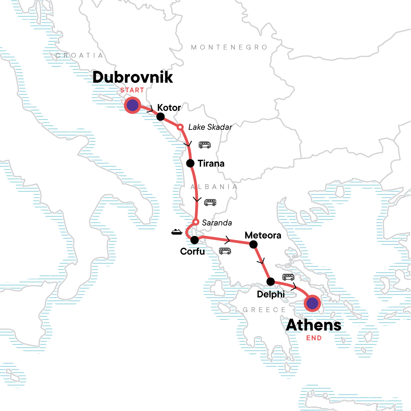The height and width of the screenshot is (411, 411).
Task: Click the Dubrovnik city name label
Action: tap(133, 77)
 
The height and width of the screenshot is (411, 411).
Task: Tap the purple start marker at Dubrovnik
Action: tap(132, 105)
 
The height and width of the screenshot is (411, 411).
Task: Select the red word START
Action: tap(132, 90)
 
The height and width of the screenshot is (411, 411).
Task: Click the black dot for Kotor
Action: tap(160, 117)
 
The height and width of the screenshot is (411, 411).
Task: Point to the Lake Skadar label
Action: tap(210, 127)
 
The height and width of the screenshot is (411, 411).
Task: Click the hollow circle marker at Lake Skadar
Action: tap(180, 127)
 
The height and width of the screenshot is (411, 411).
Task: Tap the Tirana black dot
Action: tap(190, 163)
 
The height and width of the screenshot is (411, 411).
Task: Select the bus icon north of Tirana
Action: tap(204, 145)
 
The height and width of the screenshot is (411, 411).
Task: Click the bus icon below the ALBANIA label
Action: tap(210, 202)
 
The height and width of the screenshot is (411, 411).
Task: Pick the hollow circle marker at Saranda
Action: tap(195, 222)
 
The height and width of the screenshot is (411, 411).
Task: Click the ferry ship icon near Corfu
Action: tap(177, 232)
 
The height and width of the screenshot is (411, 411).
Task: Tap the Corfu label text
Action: tap(192, 251)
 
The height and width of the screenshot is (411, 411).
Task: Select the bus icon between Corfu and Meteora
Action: tap(225, 251)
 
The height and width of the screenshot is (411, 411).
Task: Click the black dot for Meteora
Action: tap(253, 244)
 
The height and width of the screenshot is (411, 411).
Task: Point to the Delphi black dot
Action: tap(271, 282)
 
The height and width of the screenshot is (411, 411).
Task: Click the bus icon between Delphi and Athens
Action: tap(288, 277)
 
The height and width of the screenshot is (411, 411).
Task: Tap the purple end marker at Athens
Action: tap(312, 303)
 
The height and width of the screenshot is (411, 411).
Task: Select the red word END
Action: tap(314, 338)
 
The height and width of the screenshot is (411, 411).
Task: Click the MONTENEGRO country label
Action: tap(229, 47)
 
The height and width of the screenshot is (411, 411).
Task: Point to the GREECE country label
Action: tap(264, 310)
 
